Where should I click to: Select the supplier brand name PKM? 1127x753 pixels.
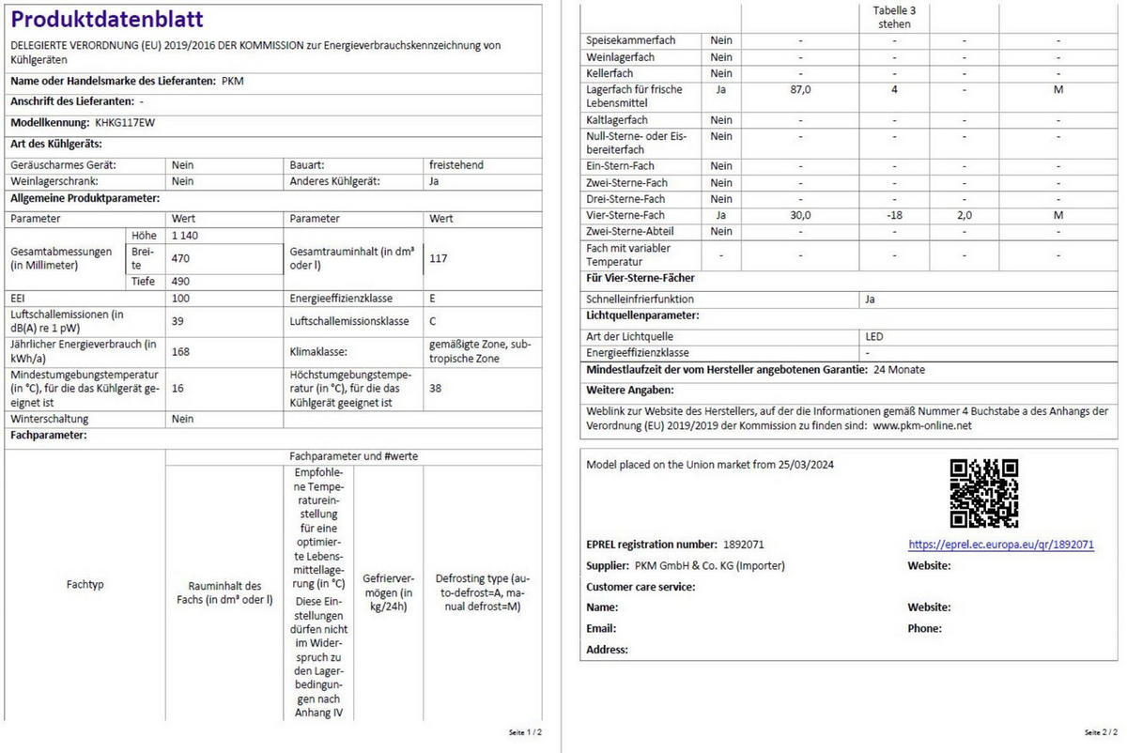(233, 82)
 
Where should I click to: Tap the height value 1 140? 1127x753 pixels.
(185, 235)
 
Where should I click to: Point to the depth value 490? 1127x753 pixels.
(180, 281)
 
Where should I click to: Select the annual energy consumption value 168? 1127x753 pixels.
(180, 352)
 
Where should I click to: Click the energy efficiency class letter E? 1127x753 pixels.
(432, 298)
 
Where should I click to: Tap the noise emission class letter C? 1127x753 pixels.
(433, 321)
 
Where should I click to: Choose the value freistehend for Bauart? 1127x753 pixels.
(456, 164)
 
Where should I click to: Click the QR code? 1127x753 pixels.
(983, 493)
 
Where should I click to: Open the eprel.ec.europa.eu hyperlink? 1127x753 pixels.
(1000, 545)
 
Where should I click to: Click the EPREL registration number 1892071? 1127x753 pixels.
(743, 545)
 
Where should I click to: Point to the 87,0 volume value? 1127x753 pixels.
(800, 90)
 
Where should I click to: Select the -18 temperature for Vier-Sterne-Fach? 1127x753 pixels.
(894, 215)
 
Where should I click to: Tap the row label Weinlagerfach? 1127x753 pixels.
(620, 57)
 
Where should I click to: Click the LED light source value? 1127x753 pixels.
(874, 336)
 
